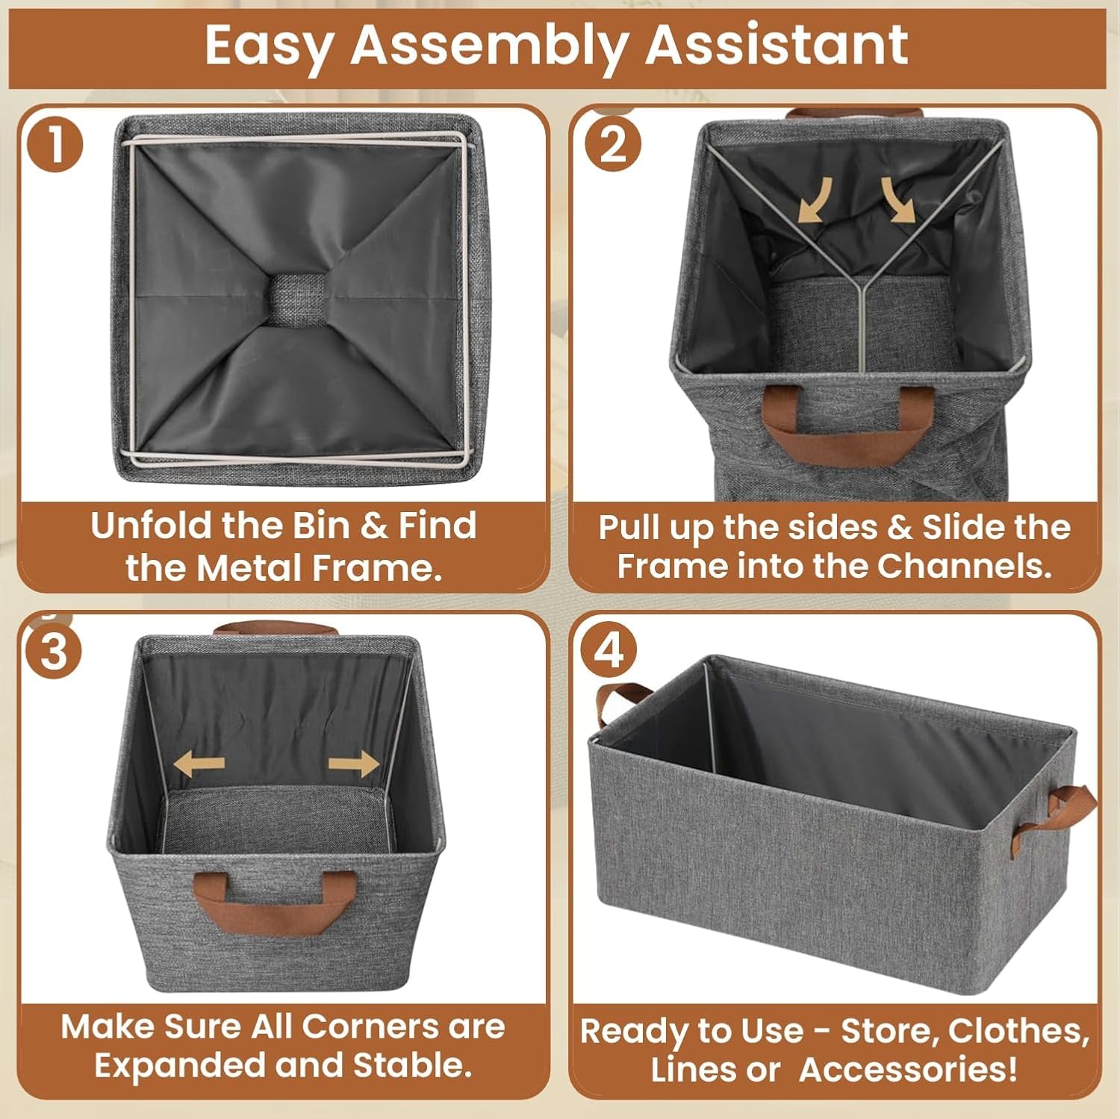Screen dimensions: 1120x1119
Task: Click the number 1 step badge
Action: tap(55, 144)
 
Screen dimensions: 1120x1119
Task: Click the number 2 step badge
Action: tap(613, 143)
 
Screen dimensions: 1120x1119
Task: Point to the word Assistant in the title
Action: tap(777, 44)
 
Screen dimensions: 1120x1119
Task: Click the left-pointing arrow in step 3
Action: tap(199, 764)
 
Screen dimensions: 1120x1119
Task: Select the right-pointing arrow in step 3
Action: tap(354, 764)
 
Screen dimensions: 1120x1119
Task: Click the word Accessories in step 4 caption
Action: tap(908, 1068)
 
